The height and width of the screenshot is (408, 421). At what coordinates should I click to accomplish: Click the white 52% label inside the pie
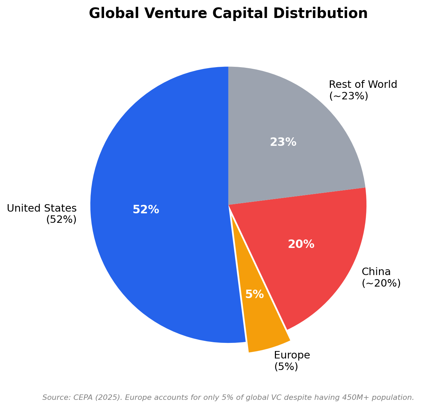tap(146, 210)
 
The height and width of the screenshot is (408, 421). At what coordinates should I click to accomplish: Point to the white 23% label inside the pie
tap(283, 142)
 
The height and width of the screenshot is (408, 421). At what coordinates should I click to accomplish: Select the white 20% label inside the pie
tap(301, 245)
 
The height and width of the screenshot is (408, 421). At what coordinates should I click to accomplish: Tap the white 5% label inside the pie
tap(255, 294)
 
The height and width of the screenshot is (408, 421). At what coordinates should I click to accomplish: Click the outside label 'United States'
tap(42, 208)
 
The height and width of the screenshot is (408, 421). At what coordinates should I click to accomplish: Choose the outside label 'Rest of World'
tap(363, 84)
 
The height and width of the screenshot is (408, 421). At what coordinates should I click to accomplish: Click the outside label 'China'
tap(376, 272)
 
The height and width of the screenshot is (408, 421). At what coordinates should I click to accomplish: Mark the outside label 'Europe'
tap(292, 355)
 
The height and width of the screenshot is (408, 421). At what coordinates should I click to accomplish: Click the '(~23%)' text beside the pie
tap(348, 96)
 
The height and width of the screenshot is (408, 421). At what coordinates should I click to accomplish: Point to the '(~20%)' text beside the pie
tap(381, 283)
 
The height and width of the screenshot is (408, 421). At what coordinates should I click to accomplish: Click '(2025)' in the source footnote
tap(107, 397)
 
